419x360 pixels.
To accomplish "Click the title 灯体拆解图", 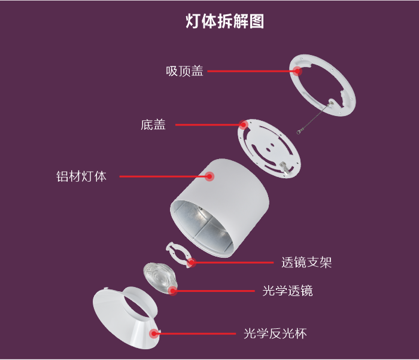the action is (224, 21).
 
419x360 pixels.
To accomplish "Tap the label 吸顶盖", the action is (184, 71).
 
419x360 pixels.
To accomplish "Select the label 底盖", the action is (153, 125).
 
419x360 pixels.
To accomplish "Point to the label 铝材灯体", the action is (81, 176).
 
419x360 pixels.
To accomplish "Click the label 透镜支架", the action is (306, 263).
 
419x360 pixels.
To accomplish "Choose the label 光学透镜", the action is (287, 291).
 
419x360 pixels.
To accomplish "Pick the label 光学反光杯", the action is (275, 334).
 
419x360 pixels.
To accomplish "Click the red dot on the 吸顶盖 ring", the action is (297, 71).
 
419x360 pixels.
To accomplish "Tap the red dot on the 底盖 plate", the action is (243, 124).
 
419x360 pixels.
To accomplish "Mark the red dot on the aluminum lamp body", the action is (209, 176).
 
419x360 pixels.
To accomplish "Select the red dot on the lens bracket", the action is (192, 263).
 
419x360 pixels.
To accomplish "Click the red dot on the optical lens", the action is (173, 291).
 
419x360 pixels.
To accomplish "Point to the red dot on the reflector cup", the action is (154, 333).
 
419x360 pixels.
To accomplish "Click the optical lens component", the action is (160, 278).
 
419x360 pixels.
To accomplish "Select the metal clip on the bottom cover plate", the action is (284, 167).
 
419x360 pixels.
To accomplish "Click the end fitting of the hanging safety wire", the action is (299, 131).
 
